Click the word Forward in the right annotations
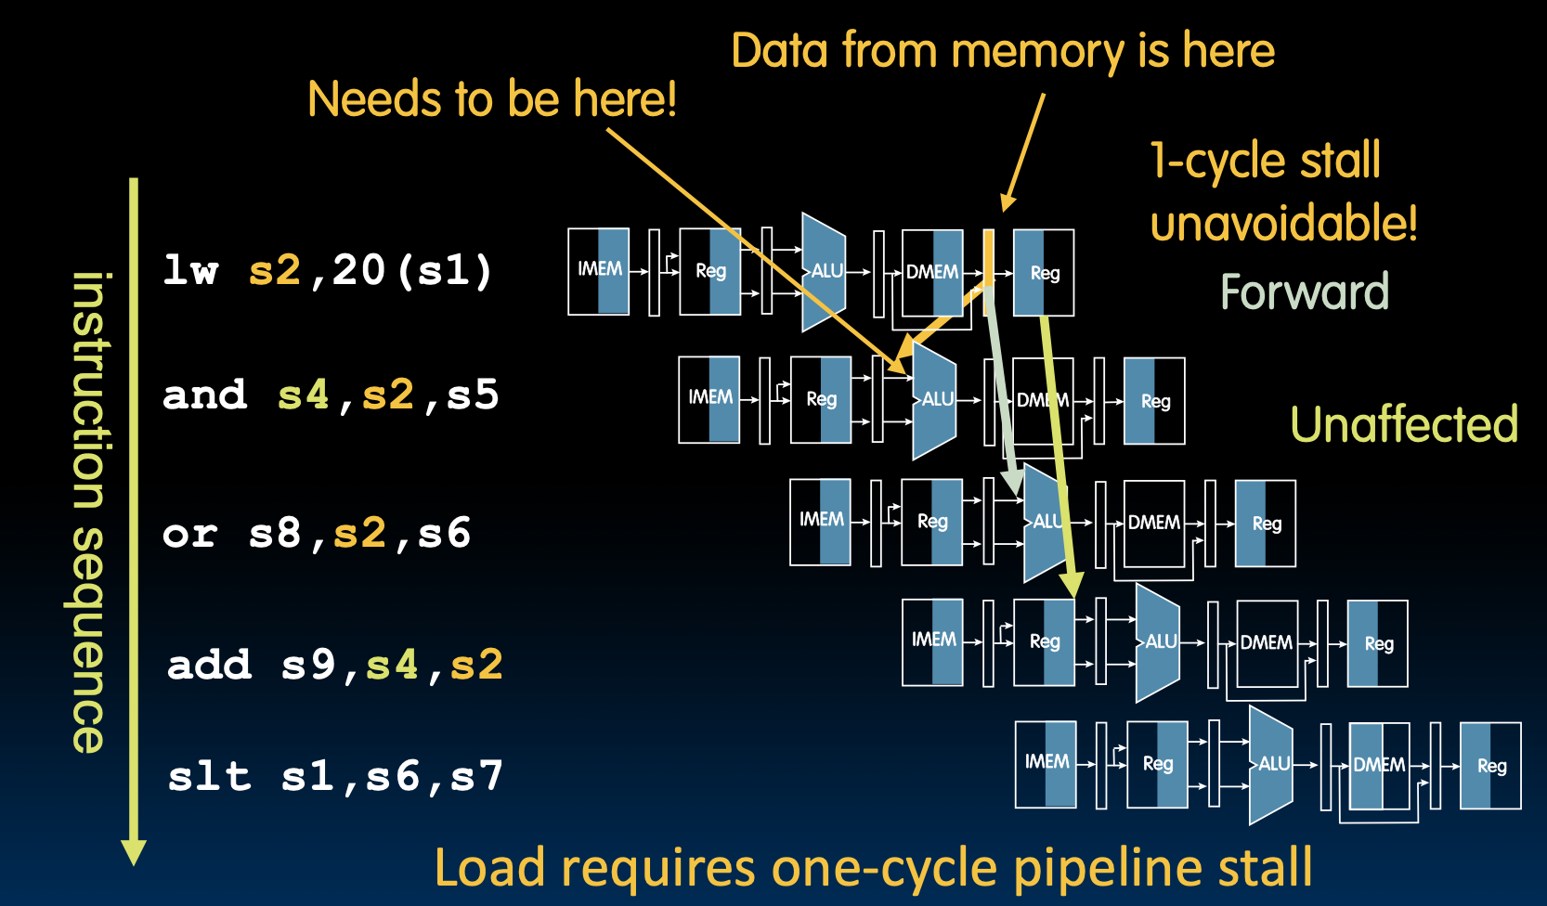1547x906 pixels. pyautogui.click(x=1304, y=291)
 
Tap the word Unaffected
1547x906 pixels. pyautogui.click(x=1403, y=425)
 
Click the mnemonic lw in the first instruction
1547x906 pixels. pyautogui.click(x=190, y=270)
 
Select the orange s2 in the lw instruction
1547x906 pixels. pyautogui.click(x=275, y=270)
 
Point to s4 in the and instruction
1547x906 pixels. pyautogui.click(x=304, y=395)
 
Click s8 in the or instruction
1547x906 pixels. pyautogui.click(x=275, y=534)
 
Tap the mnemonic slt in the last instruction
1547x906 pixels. pyautogui.click(x=210, y=776)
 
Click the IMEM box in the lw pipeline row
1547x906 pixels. pyautogui.click(x=599, y=271)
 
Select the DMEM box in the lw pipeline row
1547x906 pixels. pyautogui.click(x=932, y=273)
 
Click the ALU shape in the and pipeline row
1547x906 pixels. pyautogui.click(x=934, y=400)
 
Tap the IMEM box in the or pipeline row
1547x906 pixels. pyautogui.click(x=821, y=522)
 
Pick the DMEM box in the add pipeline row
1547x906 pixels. pyautogui.click(x=1267, y=643)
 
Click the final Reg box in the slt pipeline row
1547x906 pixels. pyautogui.click(x=1490, y=766)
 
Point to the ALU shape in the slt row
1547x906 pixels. pyautogui.click(x=1271, y=765)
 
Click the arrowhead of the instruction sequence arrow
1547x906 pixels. pyautogui.click(x=134, y=852)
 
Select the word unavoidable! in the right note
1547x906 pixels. pyautogui.click(x=1283, y=224)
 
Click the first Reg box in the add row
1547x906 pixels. pyautogui.click(x=1045, y=642)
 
